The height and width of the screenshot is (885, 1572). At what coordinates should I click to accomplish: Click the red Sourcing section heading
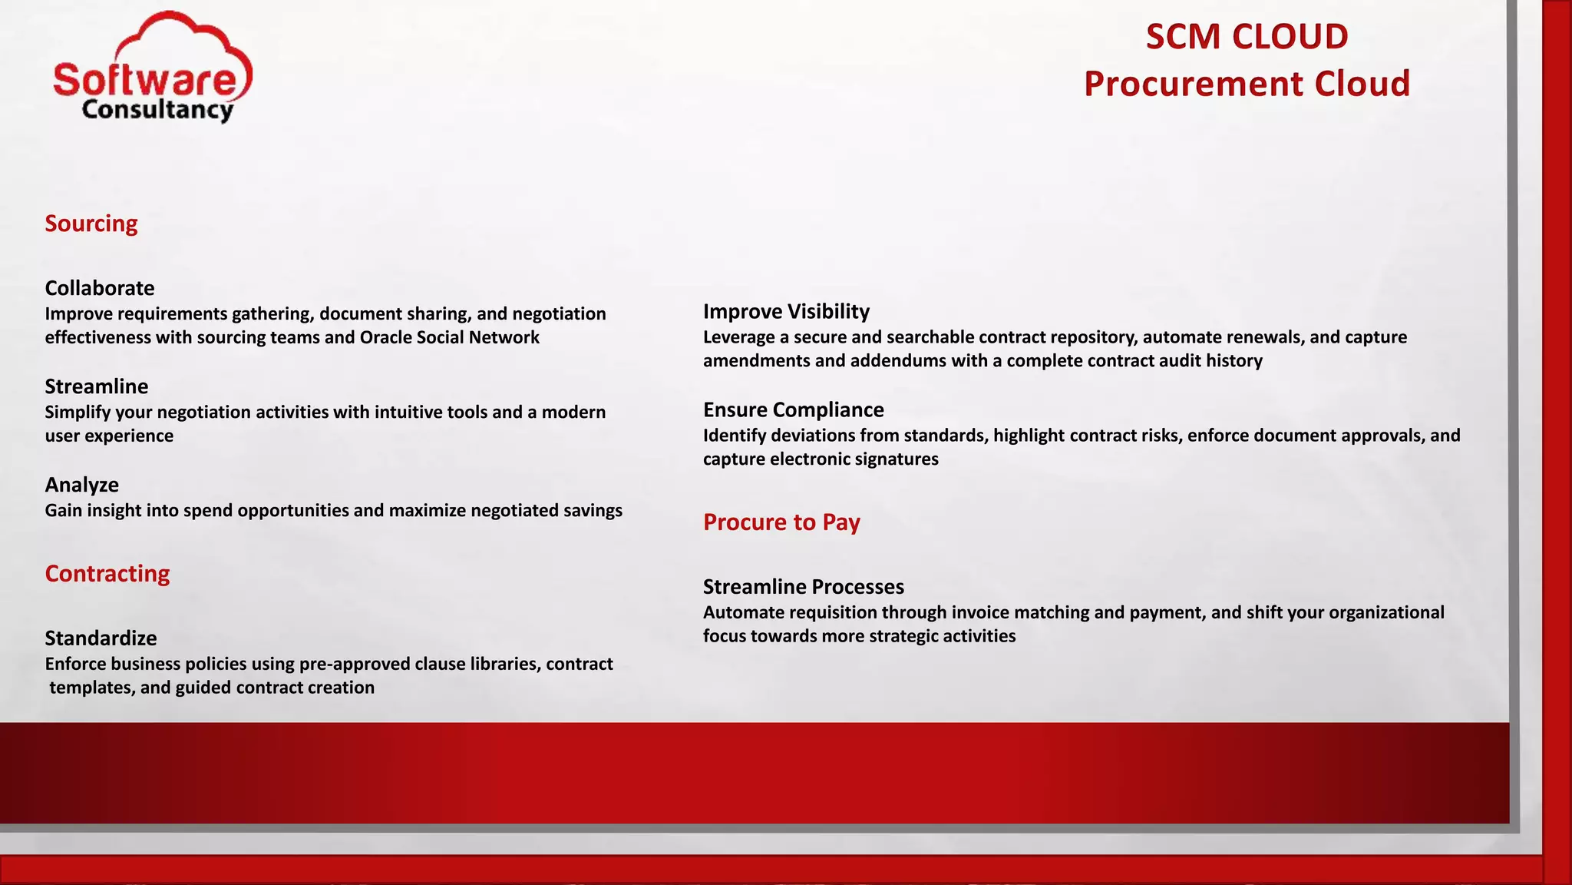pyautogui.click(x=91, y=224)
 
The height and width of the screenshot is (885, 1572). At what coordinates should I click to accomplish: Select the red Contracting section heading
pyautogui.click(x=107, y=574)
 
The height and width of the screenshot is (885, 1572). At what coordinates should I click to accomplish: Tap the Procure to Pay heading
pyautogui.click(x=781, y=522)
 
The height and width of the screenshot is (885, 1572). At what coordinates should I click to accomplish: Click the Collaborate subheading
pyautogui.click(x=99, y=288)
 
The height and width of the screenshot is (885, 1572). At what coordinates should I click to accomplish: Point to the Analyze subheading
pyautogui.click(x=81, y=485)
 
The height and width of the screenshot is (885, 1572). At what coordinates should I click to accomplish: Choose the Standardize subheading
pyautogui.click(x=101, y=638)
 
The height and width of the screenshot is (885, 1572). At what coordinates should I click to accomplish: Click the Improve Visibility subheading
pyautogui.click(x=786, y=311)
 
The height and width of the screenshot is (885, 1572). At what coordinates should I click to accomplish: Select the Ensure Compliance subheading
pyautogui.click(x=793, y=409)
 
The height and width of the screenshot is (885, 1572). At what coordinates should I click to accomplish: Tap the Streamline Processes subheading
pyautogui.click(x=803, y=587)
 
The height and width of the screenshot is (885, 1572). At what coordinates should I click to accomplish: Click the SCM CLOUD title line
pyautogui.click(x=1247, y=37)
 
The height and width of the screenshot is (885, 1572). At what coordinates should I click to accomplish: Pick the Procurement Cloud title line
pyautogui.click(x=1247, y=84)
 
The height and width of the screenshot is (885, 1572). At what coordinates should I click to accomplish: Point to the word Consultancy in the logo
pyautogui.click(x=157, y=110)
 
